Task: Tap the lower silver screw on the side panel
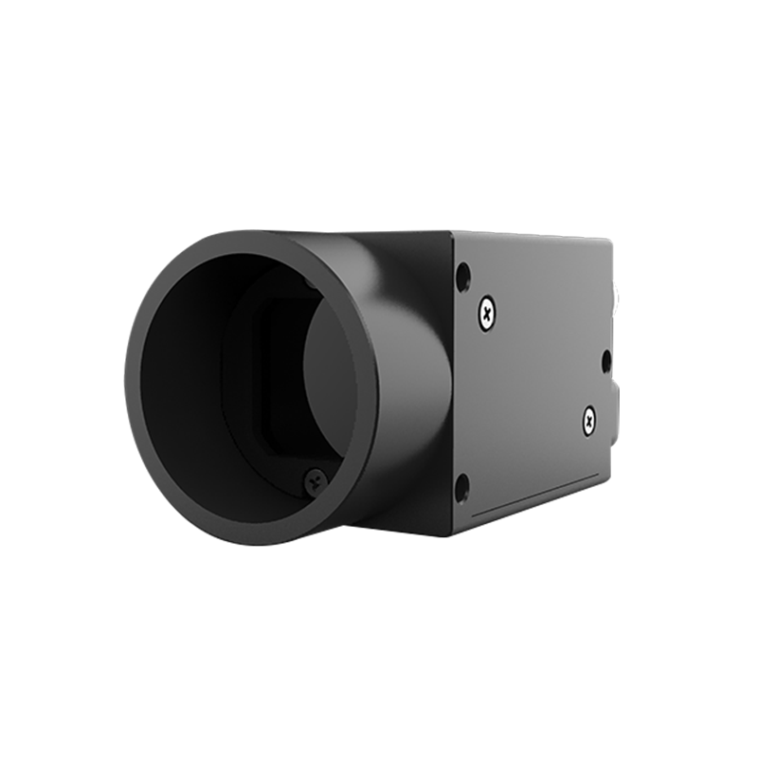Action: pos(589,418)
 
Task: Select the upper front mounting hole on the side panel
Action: pos(462,277)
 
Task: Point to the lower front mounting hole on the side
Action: pos(462,488)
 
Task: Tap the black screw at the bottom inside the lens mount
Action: pos(315,481)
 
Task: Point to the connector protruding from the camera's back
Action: pos(617,298)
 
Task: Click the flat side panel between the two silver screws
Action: pos(535,365)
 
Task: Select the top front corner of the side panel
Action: pos(454,233)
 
